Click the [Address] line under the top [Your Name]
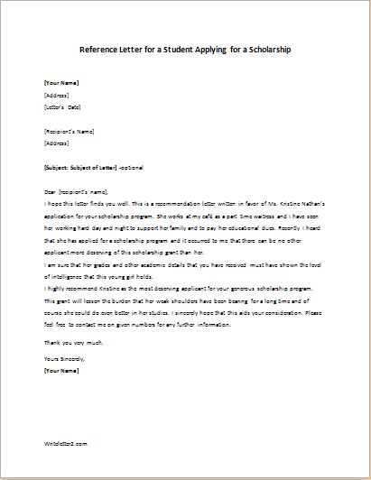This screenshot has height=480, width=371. click(57, 95)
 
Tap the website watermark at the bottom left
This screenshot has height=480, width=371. click(65, 468)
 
